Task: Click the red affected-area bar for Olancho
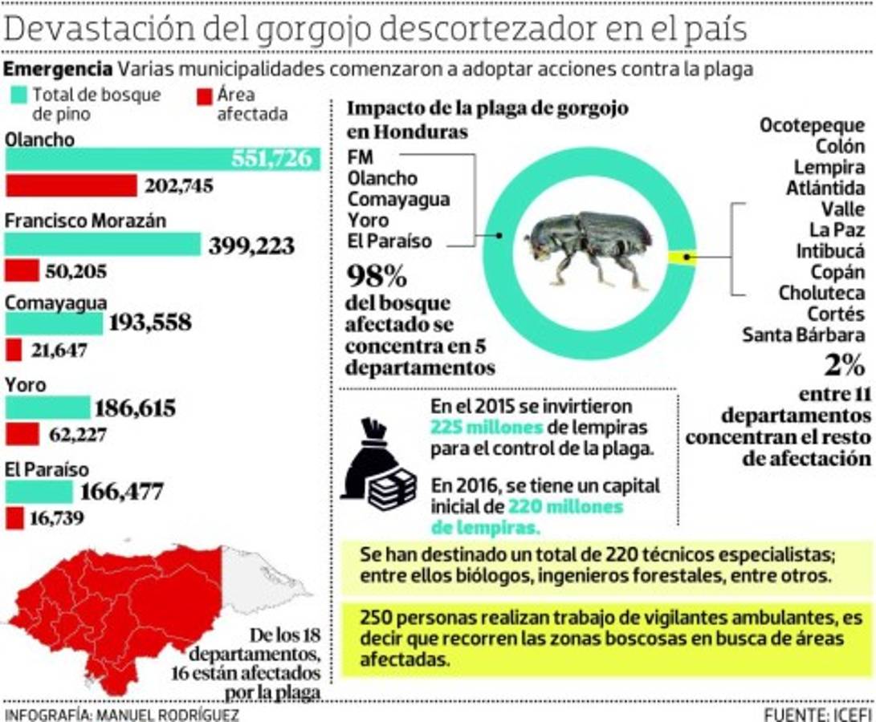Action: click(x=71, y=186)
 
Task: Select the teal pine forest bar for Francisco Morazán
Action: click(x=103, y=244)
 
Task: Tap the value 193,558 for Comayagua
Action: click(x=150, y=322)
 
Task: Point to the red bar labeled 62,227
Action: click(x=22, y=434)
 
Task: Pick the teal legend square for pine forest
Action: click(x=18, y=95)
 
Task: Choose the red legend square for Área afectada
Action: click(x=204, y=95)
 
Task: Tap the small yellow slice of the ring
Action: click(x=681, y=257)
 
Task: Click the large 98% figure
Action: click(x=377, y=277)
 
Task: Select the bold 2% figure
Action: click(x=844, y=365)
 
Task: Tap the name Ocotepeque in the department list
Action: click(x=812, y=126)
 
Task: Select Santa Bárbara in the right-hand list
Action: click(x=803, y=335)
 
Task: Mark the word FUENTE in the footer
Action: click(x=794, y=714)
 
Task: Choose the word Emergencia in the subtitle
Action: click(x=58, y=69)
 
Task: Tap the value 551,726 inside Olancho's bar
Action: click(x=271, y=159)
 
